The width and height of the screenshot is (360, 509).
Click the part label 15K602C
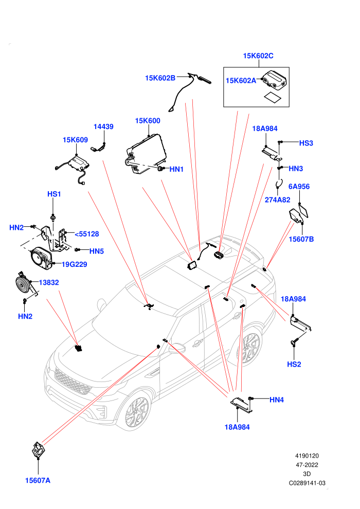(x=258, y=56)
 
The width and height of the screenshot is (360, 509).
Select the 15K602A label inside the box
(x=241, y=81)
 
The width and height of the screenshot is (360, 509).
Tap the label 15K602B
(x=160, y=78)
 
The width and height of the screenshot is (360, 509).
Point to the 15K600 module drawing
(x=146, y=154)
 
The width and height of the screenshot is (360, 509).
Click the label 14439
(x=103, y=126)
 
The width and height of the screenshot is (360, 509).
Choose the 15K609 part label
(x=75, y=140)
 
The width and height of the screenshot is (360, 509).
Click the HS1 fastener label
(x=54, y=194)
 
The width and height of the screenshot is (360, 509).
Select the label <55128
(x=87, y=234)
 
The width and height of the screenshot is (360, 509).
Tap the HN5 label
(x=96, y=251)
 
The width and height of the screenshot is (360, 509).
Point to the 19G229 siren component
(x=42, y=258)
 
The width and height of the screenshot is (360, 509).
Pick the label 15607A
(x=38, y=480)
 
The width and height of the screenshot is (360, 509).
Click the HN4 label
(x=277, y=400)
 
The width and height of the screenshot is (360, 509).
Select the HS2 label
(x=294, y=365)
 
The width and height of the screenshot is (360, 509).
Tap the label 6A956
(x=299, y=187)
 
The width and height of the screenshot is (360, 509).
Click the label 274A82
(x=278, y=200)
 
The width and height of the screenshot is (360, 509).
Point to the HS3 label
(x=306, y=143)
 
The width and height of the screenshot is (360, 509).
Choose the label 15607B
(x=301, y=239)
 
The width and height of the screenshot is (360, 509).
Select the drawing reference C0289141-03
(x=307, y=483)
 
